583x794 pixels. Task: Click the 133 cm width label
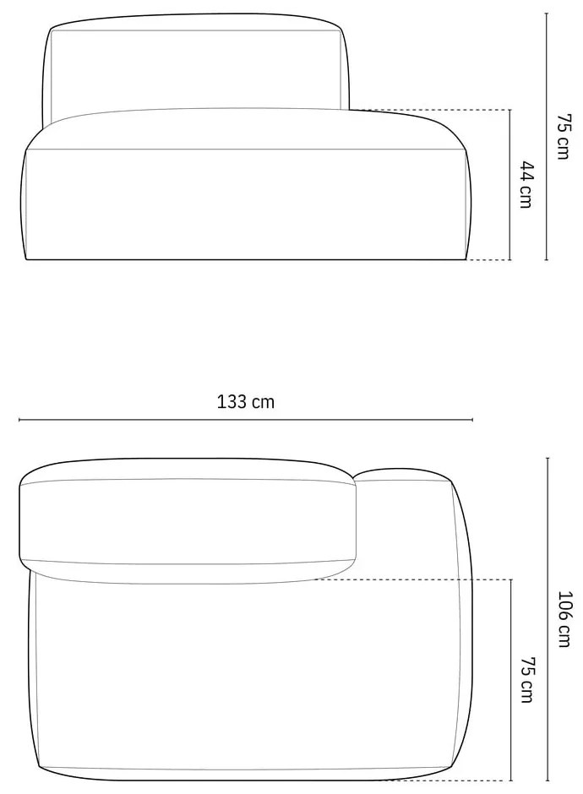[246, 402]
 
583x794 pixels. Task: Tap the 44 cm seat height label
[526, 185]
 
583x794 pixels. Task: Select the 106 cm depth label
[564, 619]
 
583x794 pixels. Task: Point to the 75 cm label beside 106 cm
[526, 680]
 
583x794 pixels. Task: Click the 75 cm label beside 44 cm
[564, 137]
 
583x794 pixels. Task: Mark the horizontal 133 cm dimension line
[246, 420]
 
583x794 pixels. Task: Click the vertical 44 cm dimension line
[510, 185]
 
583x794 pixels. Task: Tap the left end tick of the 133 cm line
[19, 420]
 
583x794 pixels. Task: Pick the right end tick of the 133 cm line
[472, 420]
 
